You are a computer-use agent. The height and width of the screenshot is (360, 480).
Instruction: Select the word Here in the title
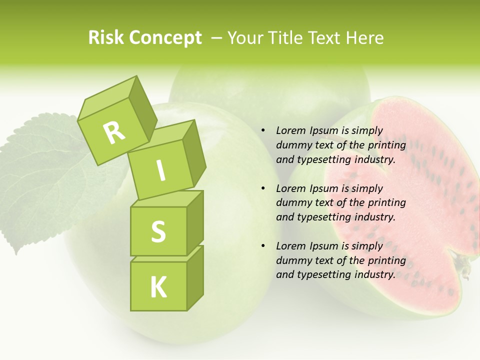click(x=365, y=38)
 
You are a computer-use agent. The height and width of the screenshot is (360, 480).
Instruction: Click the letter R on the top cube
click(x=115, y=132)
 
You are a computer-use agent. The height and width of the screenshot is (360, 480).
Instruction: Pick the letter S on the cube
click(x=158, y=231)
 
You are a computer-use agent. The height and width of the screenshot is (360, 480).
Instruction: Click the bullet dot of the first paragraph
click(x=263, y=131)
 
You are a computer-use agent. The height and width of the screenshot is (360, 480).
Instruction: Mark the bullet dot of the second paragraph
click(x=263, y=189)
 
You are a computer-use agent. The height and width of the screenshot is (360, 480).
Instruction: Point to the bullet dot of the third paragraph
click(x=263, y=246)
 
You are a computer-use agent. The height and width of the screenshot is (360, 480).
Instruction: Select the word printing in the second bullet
click(x=386, y=203)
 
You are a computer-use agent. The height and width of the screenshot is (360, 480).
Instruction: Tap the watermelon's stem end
click(x=464, y=265)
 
